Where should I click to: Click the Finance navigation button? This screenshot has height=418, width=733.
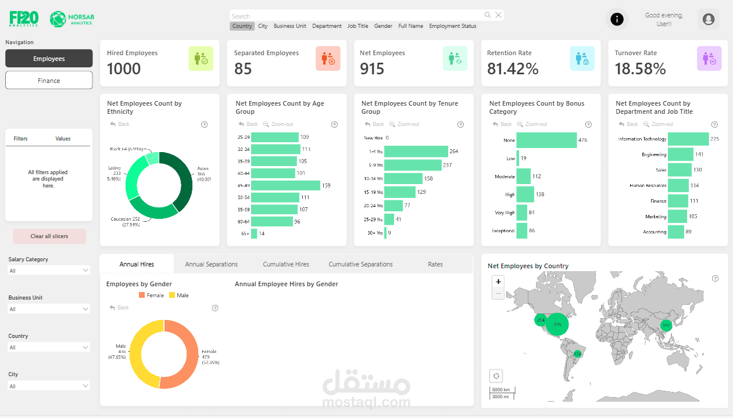pyautogui.click(x=49, y=81)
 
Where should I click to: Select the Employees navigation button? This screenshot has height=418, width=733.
pyautogui.click(x=49, y=59)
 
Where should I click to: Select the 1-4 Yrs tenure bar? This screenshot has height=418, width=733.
pyautogui.click(x=416, y=152)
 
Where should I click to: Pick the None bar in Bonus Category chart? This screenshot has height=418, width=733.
pyautogui.click(x=546, y=140)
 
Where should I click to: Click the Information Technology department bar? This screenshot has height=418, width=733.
pyautogui.click(x=688, y=139)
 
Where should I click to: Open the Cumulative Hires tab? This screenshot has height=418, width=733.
pyautogui.click(x=286, y=264)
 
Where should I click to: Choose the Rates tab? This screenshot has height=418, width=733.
pyautogui.click(x=435, y=264)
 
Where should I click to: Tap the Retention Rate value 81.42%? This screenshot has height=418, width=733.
pyautogui.click(x=513, y=69)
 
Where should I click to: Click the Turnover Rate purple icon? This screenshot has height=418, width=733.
pyautogui.click(x=709, y=59)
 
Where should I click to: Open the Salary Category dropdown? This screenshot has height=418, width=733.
pyautogui.click(x=49, y=271)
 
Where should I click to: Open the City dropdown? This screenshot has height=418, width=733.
pyautogui.click(x=49, y=386)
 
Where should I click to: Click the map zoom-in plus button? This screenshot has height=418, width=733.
pyautogui.click(x=498, y=282)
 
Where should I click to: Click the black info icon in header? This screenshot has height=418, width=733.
pyautogui.click(x=617, y=20)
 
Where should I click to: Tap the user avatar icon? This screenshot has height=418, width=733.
pyautogui.click(x=708, y=20)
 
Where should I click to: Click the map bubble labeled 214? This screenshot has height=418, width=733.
pyautogui.click(x=541, y=320)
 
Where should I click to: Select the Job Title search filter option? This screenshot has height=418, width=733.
pyautogui.click(x=357, y=26)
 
